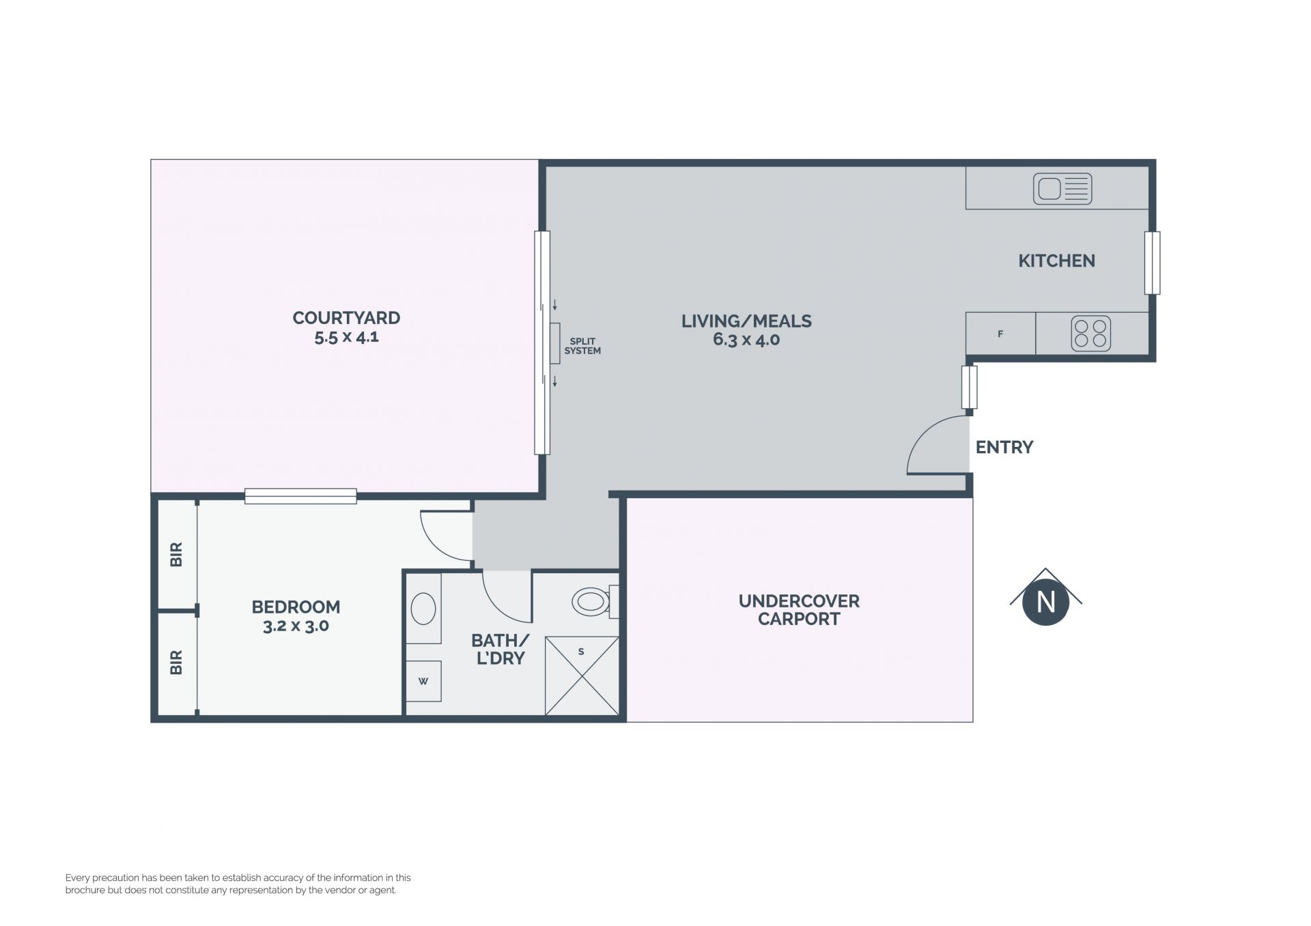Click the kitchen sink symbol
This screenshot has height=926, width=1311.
pos(1062,189)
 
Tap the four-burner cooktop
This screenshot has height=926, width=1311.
pos(1090,334)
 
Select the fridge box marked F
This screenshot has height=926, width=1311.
pos(1000,334)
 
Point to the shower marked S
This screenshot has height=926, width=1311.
pos(582,676)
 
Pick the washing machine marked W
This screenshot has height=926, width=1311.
pos(423,681)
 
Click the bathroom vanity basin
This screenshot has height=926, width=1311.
pos(423,609)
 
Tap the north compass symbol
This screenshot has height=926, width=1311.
pos(1046,597)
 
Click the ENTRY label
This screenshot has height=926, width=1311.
pos(1004,447)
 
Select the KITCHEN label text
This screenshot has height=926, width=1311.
pos(1056,261)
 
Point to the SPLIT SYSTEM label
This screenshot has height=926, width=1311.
pos(582,346)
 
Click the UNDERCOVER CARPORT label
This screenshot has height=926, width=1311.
pos(799,610)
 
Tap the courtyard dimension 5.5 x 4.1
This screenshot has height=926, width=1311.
pos(346,337)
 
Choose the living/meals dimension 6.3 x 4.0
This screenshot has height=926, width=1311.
pos(746,340)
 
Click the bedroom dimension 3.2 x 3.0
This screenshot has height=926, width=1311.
pos(296,626)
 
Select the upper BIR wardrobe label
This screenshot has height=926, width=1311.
pos(176,554)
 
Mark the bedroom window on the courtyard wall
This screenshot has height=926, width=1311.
pos(300,496)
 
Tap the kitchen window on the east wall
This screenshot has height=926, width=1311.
pos(1152,263)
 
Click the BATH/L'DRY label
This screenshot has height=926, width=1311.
pos(500,650)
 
